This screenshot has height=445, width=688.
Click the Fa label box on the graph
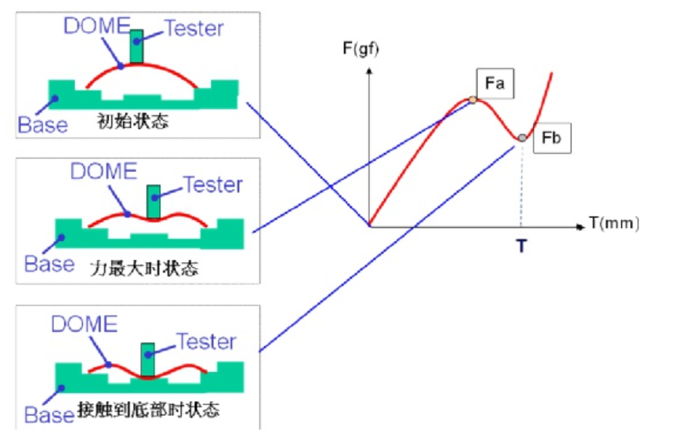tap(494, 82)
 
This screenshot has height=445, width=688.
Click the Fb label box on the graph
tap(552, 140)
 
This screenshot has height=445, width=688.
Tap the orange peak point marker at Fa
tap(473, 100)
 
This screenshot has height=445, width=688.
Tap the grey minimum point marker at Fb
tap(522, 138)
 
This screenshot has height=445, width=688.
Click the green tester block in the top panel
tap(137, 47)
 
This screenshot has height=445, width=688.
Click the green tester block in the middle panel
tap(154, 202)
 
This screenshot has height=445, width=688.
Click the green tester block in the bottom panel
tap(147, 360)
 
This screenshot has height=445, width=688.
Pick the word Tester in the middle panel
tap(212, 185)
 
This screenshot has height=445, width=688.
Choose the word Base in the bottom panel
tap(49, 414)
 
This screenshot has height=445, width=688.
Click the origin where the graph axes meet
tap(370, 226)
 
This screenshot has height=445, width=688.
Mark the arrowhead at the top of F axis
tap(370, 70)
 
